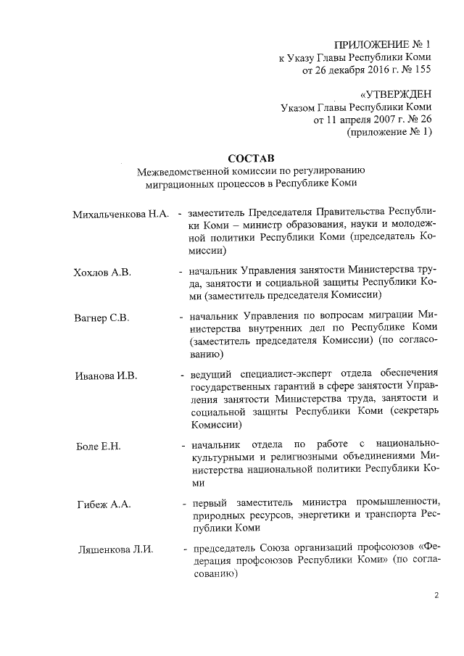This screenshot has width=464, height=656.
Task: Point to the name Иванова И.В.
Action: (x=106, y=376)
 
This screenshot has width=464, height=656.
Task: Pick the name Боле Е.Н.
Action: (x=98, y=445)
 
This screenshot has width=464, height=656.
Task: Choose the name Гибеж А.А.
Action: (x=104, y=504)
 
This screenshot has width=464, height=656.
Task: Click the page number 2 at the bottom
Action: (x=436, y=596)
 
